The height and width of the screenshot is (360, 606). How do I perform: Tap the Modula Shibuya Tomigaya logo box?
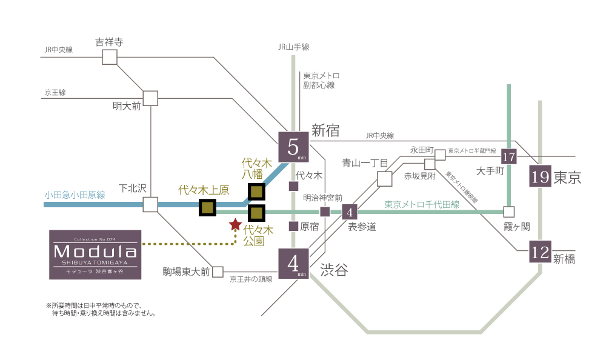tap(95, 255)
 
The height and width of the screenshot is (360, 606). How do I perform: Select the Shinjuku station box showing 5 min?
tap(293, 147)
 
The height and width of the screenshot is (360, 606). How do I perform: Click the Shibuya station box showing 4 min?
tap(293, 264)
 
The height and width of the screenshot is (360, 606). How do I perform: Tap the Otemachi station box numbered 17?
tap(508, 156)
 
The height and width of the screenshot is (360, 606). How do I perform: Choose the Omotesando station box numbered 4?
tap(350, 212)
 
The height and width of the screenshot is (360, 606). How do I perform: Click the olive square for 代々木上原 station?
tap(207, 208)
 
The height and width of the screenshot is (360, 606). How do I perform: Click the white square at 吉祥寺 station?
tap(109, 57)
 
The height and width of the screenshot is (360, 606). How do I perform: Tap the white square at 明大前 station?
tap(150, 98)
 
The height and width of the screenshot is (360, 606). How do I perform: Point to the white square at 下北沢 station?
tap(150, 204)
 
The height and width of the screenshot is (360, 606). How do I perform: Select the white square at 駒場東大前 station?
tap(218, 272)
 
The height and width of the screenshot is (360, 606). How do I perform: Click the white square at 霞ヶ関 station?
tap(508, 212)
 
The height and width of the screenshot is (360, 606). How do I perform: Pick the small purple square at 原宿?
tap(293, 226)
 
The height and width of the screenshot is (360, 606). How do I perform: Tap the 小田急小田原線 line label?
tap(75, 195)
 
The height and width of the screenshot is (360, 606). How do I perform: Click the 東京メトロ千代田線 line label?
tap(422, 205)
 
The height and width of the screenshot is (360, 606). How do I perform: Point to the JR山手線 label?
tap(293, 47)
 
